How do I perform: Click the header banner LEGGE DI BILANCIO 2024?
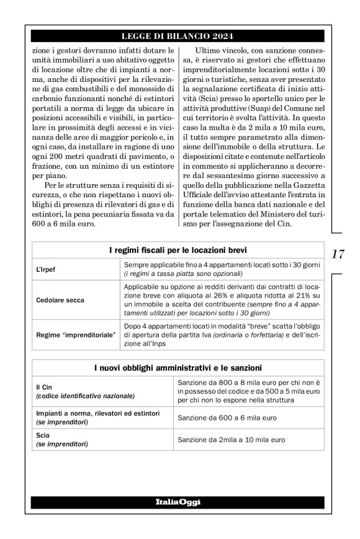178,35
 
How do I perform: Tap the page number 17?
338,254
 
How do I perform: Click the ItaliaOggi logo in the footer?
178,501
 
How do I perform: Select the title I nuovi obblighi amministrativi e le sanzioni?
178,368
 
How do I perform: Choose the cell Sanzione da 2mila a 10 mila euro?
231,440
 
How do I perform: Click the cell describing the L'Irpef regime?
222,269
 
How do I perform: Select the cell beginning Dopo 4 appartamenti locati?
222,336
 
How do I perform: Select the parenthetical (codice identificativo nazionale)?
84,395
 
